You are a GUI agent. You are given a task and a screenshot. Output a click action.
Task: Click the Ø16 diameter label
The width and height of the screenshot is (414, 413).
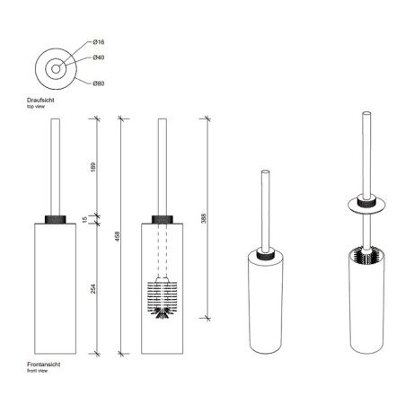pyautogui.click(x=99, y=42)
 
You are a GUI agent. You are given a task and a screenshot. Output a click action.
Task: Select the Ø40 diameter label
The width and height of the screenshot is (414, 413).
pyautogui.click(x=99, y=57)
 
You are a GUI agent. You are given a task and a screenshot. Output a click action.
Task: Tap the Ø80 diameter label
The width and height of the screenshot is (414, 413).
pyautogui.click(x=99, y=83)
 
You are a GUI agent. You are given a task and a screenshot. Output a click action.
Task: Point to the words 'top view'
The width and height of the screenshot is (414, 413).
pyautogui.click(x=36, y=107)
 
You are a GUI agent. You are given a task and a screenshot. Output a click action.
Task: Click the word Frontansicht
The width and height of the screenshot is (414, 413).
pyautogui.click(x=44, y=365)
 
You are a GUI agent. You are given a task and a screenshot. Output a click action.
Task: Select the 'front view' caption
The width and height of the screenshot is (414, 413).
pyautogui.click(x=37, y=371)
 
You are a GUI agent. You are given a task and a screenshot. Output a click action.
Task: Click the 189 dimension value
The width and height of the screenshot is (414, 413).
pyautogui.click(x=93, y=167)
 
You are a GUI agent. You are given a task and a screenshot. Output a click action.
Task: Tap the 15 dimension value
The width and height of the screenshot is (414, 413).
pyautogui.click(x=84, y=220)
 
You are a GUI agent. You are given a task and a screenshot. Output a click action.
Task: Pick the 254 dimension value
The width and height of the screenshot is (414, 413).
pyautogui.click(x=93, y=289)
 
